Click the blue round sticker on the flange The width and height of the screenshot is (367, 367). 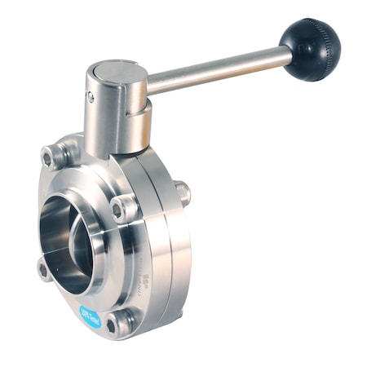pyautogui.click(x=90, y=316)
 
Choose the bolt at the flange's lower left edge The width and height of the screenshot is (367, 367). pyautogui.click(x=45, y=269)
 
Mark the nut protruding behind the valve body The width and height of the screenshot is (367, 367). pyautogui.click(x=184, y=192)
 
